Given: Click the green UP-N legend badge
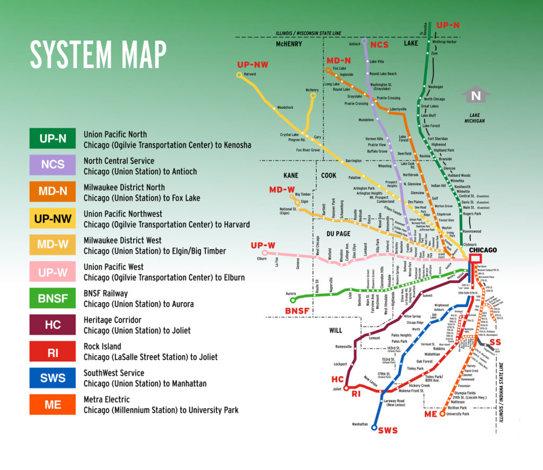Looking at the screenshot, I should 52,139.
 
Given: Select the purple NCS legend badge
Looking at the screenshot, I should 52,166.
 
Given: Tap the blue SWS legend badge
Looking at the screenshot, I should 52,378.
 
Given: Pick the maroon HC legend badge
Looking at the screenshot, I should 52,325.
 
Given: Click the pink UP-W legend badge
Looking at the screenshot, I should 52,272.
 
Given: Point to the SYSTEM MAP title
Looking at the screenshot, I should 98,54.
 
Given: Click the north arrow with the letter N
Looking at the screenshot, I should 476,96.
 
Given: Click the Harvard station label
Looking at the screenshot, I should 250,74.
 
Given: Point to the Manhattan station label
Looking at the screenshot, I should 360,424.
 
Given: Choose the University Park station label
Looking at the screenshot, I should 458,414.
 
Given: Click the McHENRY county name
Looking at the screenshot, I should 288,44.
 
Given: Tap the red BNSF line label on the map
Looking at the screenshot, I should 296,310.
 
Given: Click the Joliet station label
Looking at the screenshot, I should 336,389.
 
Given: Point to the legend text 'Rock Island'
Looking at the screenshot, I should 103,346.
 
